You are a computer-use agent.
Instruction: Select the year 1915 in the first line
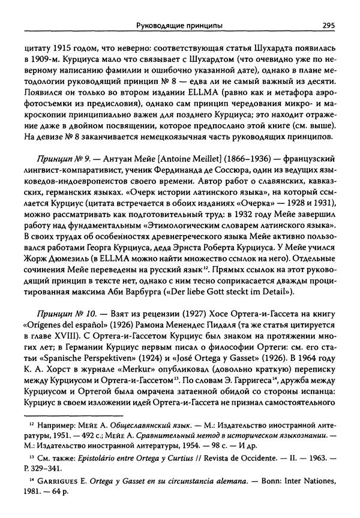coord(64,45)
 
